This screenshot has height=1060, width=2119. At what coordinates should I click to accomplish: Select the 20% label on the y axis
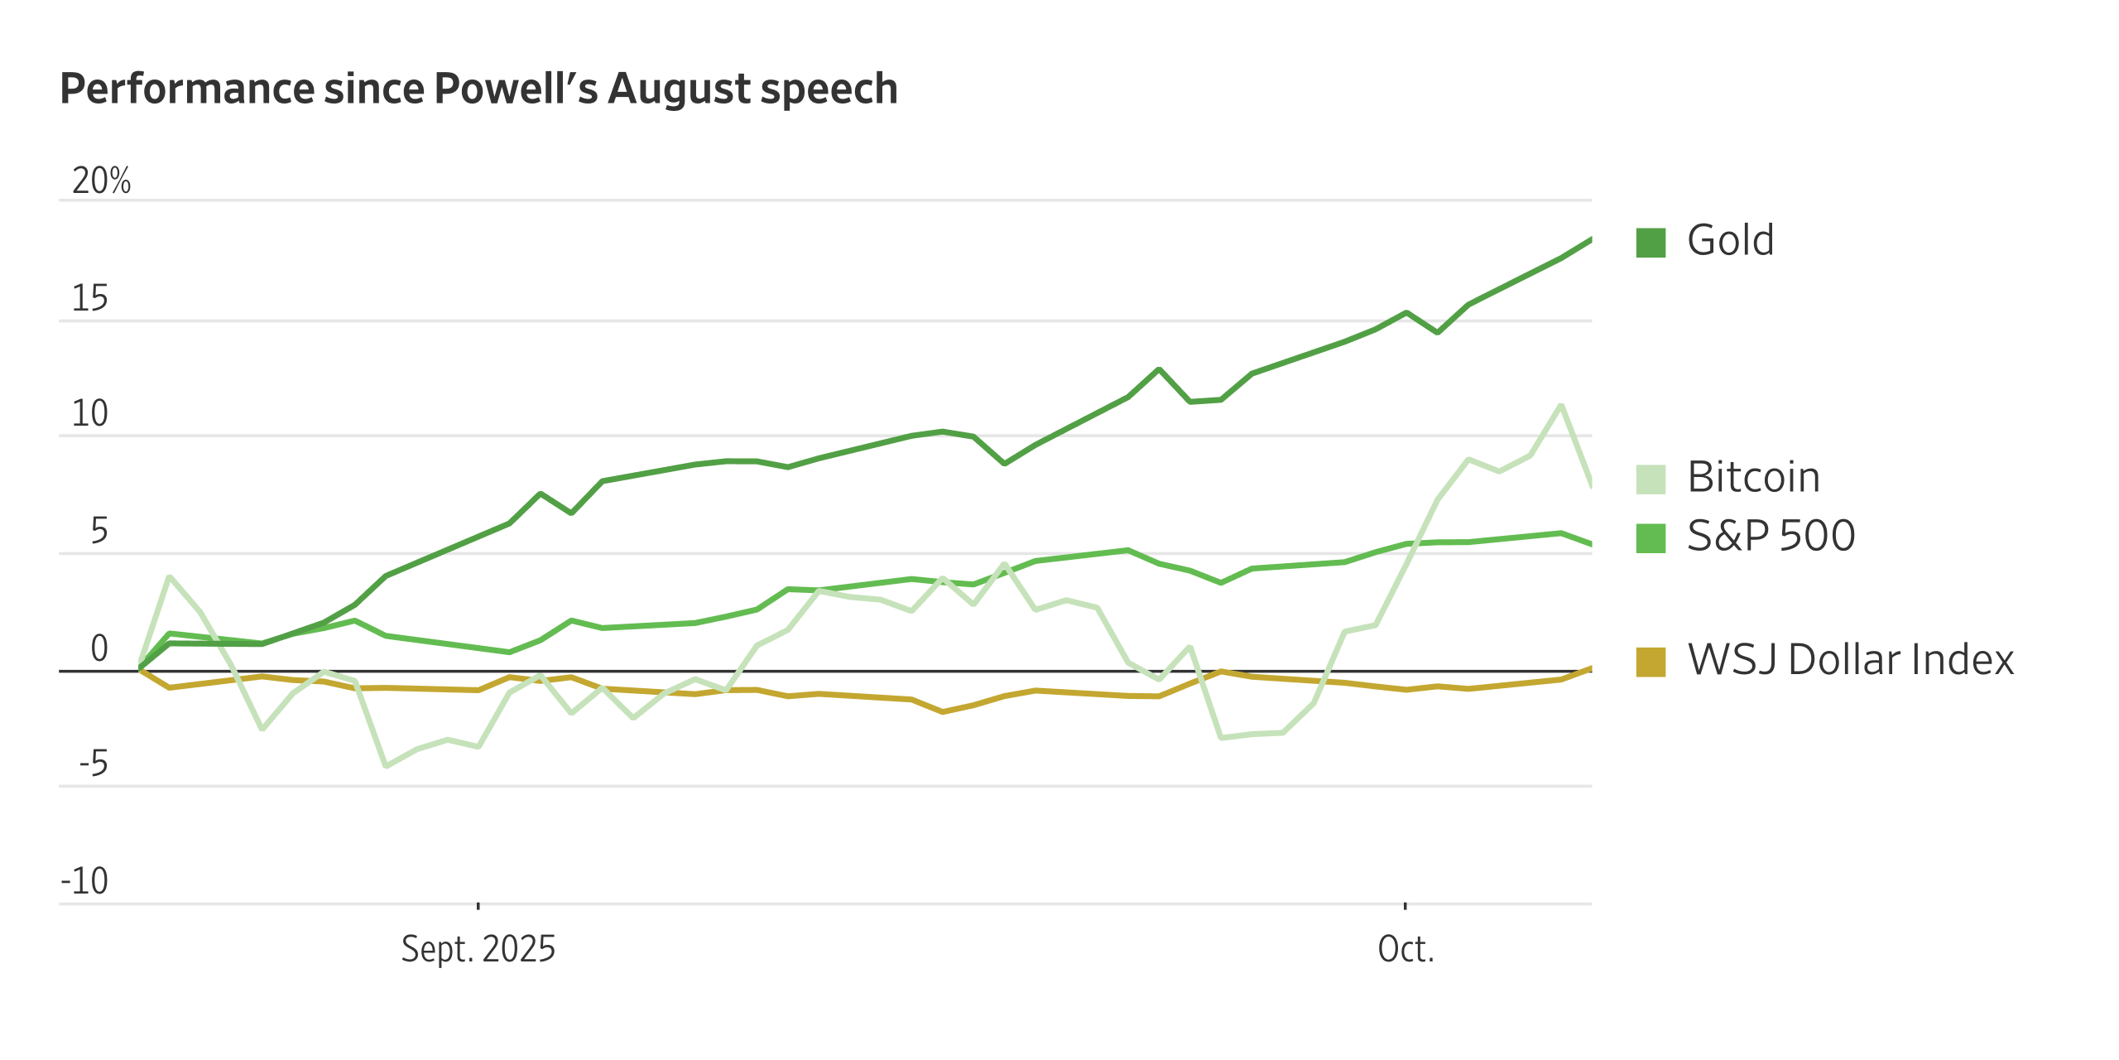tap(101, 181)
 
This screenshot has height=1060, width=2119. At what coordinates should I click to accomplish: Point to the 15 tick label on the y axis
tap(89, 299)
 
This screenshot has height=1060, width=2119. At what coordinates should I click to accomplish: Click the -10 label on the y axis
tap(84, 881)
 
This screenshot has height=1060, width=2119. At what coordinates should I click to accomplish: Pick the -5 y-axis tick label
tap(93, 764)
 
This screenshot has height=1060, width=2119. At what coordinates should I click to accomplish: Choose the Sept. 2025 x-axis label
tap(478, 949)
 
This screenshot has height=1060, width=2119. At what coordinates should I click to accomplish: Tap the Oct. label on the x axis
tap(1405, 949)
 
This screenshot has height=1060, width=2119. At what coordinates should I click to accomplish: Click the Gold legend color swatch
tap(1651, 243)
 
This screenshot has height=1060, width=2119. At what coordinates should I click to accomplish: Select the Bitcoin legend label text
tap(1753, 478)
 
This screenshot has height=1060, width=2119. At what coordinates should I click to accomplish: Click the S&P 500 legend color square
tap(1651, 537)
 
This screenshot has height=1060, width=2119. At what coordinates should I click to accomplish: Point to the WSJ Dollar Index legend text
tap(1850, 660)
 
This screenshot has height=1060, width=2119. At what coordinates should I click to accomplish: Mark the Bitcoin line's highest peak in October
tap(1560, 406)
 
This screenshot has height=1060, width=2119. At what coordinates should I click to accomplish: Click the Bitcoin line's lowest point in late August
tap(386, 766)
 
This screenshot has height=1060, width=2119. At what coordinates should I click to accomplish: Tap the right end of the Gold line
tap(1590, 240)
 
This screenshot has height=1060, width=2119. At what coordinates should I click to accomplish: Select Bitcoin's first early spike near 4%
tap(170, 576)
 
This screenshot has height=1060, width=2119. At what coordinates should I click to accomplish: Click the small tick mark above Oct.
tap(1405, 906)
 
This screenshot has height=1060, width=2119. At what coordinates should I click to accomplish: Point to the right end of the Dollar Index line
tap(1590, 668)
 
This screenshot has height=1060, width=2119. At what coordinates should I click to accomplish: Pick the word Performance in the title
tap(186, 89)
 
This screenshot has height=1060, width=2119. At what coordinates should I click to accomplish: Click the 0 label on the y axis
tap(99, 648)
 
